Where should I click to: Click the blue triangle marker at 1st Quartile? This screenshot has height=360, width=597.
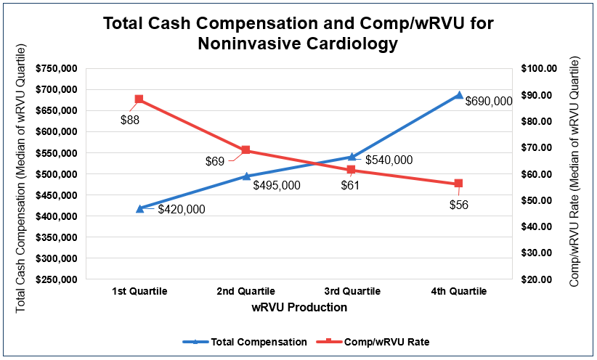pyautogui.click(x=139, y=208)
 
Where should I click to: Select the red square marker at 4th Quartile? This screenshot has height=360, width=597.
pyautogui.click(x=458, y=184)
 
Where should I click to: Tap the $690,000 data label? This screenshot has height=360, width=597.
pyautogui.click(x=489, y=102)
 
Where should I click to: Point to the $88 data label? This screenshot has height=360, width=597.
pyautogui.click(x=130, y=120)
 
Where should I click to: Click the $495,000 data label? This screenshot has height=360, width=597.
pyautogui.click(x=277, y=185)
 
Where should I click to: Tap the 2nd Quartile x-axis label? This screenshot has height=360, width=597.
pyautogui.click(x=246, y=291)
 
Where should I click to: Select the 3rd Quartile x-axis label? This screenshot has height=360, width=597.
pyautogui.click(x=352, y=291)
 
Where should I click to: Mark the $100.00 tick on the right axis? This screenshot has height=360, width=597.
pyautogui.click(x=538, y=69)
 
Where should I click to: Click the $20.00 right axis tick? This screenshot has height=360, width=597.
pyautogui.click(x=538, y=279)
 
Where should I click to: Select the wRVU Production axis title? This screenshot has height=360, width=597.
pyautogui.click(x=299, y=307)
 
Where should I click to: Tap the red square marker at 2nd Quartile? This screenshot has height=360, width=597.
pyautogui.click(x=245, y=150)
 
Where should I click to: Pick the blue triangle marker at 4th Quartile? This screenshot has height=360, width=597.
pyautogui.click(x=458, y=95)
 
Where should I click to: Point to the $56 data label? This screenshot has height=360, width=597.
pyautogui.click(x=458, y=205)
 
